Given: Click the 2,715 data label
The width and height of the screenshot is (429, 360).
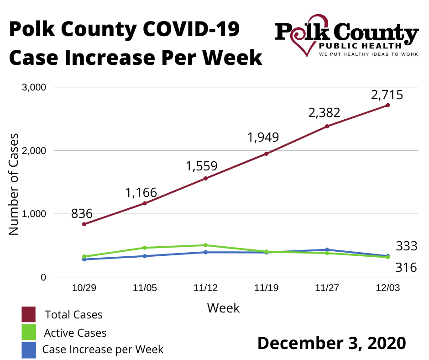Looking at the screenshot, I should pyautogui.click(x=387, y=95).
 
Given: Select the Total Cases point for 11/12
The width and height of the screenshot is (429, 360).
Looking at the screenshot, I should pyautogui.click(x=205, y=178).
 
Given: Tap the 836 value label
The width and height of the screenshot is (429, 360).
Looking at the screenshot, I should pyautogui.click(x=82, y=213).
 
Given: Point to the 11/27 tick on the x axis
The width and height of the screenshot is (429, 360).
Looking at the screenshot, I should pyautogui.click(x=327, y=288).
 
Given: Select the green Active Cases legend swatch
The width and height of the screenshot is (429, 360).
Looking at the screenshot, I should pyautogui.click(x=28, y=332).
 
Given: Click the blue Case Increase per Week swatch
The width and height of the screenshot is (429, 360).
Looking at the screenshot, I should pyautogui.click(x=28, y=350).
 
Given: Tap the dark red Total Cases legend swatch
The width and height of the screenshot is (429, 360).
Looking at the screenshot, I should pyautogui.click(x=28, y=314).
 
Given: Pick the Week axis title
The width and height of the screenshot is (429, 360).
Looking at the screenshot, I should pyautogui.click(x=223, y=308).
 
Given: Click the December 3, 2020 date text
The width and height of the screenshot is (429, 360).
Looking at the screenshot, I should pyautogui.click(x=331, y=343).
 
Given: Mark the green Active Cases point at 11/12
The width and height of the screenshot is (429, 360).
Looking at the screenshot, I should pyautogui.click(x=205, y=245).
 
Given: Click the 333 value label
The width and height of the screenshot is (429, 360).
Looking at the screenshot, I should pyautogui.click(x=406, y=246).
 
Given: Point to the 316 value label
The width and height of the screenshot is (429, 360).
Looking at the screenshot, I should pyautogui.click(x=406, y=267).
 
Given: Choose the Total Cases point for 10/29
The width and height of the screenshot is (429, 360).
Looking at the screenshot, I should pyautogui.click(x=84, y=224).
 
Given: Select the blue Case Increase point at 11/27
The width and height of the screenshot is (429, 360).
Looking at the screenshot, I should pyautogui.click(x=327, y=249).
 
